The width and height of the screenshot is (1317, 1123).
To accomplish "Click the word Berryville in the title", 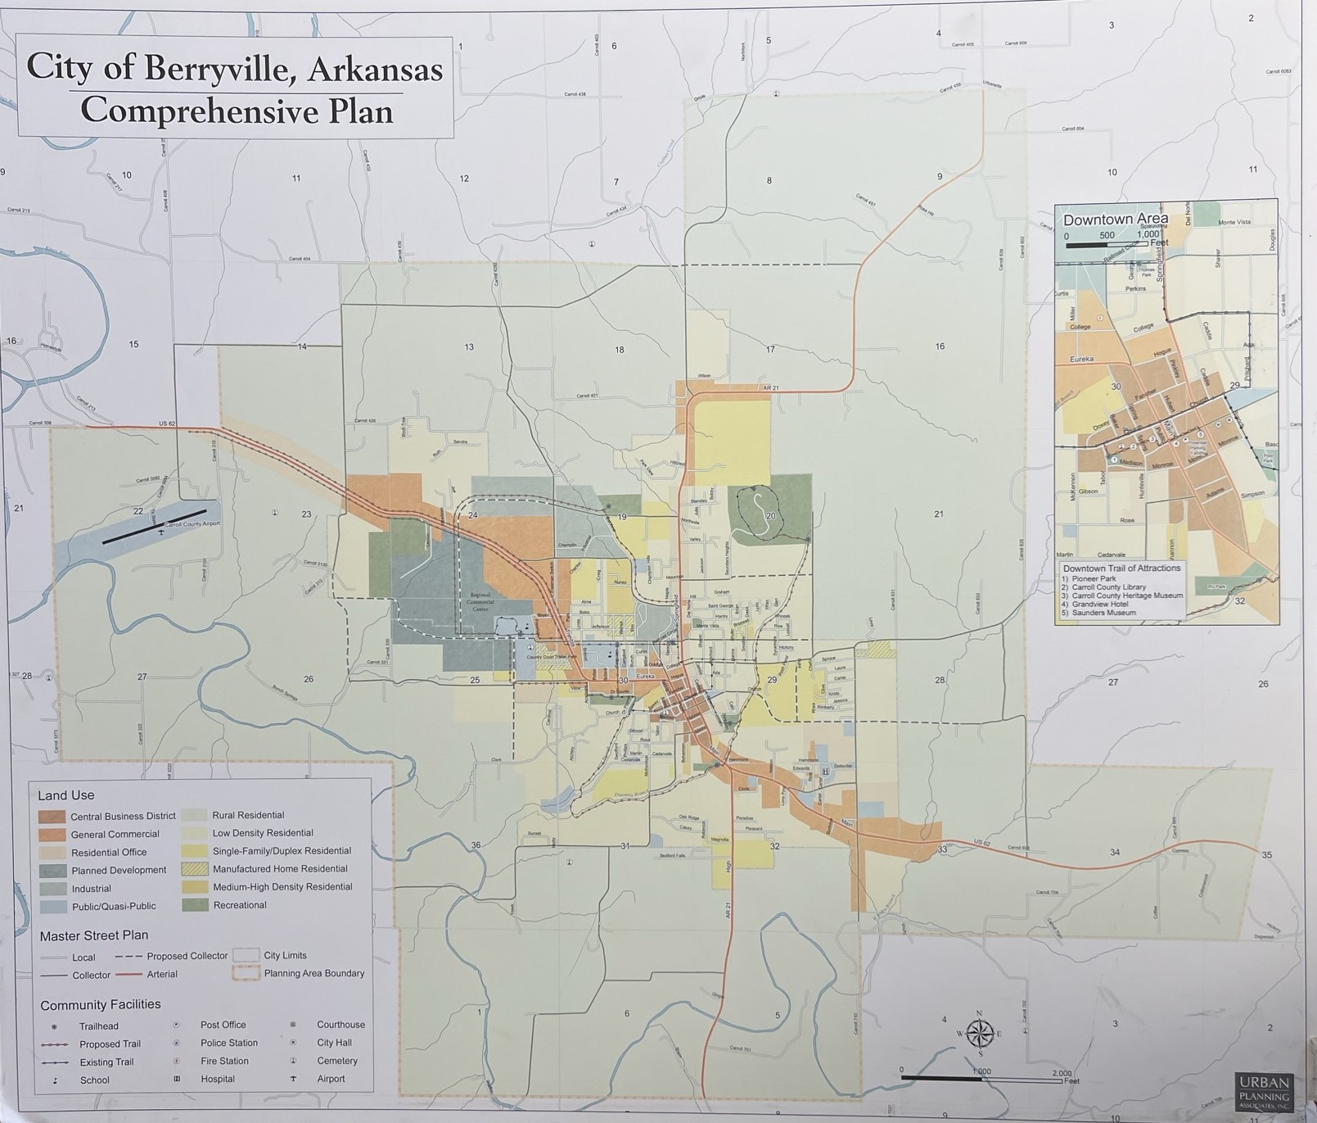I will tap(214, 68).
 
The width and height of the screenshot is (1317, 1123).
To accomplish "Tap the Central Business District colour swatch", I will tap(52, 817).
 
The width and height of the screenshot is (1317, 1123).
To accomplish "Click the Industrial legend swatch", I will tap(52, 889).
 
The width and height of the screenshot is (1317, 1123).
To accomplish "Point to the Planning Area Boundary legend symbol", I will tap(246, 974).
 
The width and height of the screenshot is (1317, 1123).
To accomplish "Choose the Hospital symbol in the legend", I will tap(176, 1079).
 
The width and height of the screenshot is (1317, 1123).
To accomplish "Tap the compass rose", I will tap(980, 1033).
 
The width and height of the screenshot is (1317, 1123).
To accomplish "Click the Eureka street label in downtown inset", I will tap(1081, 360).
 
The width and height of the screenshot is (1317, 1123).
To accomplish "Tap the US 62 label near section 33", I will tap(982, 842).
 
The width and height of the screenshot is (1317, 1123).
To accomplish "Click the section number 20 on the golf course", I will tap(770, 516).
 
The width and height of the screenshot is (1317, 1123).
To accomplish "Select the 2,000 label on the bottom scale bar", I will tap(1061, 1072).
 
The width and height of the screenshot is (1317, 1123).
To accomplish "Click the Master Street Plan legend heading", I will tap(94, 935).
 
